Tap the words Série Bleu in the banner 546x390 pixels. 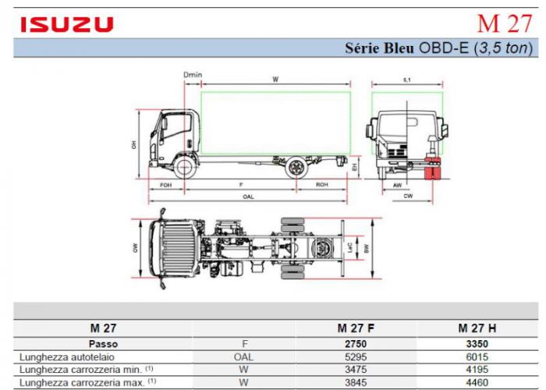(x=378, y=48)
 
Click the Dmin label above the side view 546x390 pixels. (x=193, y=75)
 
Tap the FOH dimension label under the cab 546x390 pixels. (x=165, y=186)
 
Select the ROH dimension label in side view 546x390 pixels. (x=321, y=186)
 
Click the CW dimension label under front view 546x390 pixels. (x=408, y=197)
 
